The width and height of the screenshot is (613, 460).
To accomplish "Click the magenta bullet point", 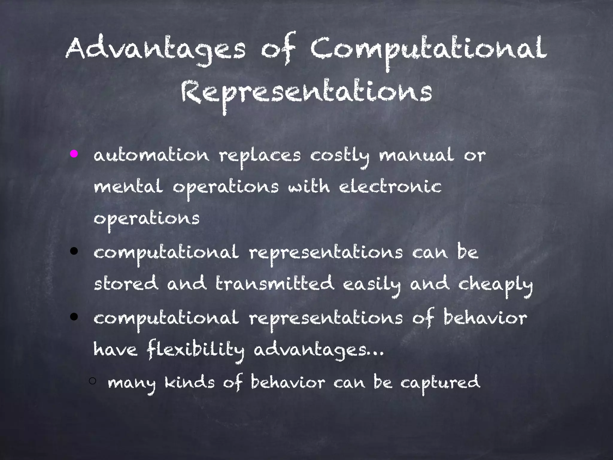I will point(74,154).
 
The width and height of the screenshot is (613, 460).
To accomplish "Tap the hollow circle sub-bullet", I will point(92,381).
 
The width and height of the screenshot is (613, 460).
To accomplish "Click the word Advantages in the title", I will point(155,49).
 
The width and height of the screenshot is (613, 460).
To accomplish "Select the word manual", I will point(416,156).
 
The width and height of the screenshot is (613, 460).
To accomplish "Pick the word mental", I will point(128,187).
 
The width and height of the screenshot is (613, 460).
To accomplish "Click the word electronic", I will point(390,187).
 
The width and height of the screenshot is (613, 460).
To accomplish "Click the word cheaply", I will point(495,285).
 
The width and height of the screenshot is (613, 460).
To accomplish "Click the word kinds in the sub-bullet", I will point(190,382).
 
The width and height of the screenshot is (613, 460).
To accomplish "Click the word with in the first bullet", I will point(309,187).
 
